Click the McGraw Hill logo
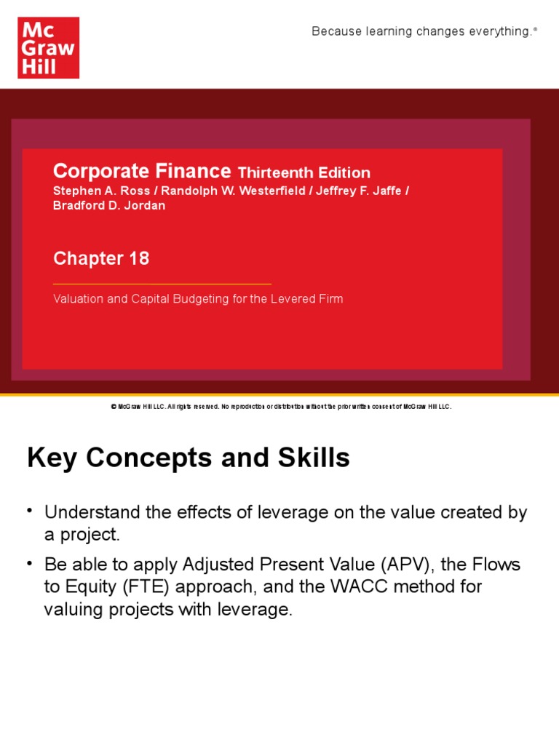[x=48, y=48]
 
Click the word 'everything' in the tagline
[x=498, y=31]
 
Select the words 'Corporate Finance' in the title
[x=141, y=172]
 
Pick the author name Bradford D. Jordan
[x=109, y=205]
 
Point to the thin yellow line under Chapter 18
[x=162, y=284]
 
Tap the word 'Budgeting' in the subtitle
[x=181, y=299]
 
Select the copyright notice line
[x=281, y=407]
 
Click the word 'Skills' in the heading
[x=314, y=458]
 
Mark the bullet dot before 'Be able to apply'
[x=31, y=562]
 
